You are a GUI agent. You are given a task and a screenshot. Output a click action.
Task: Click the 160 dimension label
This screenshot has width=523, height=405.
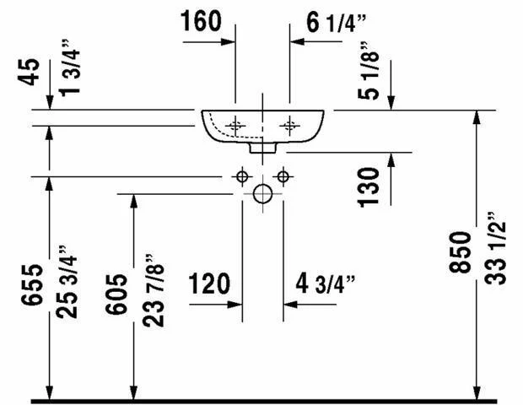[201, 21]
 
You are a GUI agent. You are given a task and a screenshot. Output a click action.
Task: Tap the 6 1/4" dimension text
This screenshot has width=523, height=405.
[336, 23]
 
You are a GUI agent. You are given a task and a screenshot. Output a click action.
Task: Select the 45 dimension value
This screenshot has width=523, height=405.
[29, 72]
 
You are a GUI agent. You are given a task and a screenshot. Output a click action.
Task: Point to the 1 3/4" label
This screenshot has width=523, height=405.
[70, 68]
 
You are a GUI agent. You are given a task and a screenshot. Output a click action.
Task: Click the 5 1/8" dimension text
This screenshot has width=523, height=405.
[369, 71]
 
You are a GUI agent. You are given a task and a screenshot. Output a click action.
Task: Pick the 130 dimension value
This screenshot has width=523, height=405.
[369, 187]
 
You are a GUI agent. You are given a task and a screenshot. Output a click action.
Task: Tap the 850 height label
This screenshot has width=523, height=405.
[461, 252]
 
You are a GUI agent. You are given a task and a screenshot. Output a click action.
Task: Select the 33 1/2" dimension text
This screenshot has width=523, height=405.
[495, 248]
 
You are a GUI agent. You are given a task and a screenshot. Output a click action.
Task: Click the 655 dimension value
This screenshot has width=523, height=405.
[32, 284]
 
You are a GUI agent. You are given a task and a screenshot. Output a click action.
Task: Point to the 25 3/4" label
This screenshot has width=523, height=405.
[67, 282]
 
